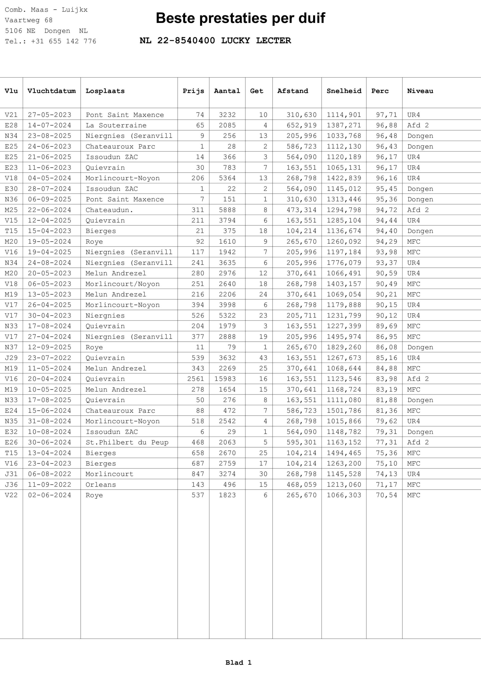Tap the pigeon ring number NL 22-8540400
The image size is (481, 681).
pyautogui.click(x=177, y=41)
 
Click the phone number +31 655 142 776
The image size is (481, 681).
pyautogui.click(x=63, y=41)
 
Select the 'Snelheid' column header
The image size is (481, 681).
pyautogui.click(x=344, y=91)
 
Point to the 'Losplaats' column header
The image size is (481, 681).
pyautogui.click(x=105, y=91)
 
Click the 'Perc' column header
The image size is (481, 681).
pyautogui.click(x=380, y=91)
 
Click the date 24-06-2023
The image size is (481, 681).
pyautogui.click(x=49, y=147)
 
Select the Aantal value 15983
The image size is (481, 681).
pyautogui.click(x=227, y=379)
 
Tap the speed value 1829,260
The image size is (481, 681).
pyautogui.click(x=344, y=347)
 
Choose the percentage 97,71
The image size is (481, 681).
pyautogui.click(x=386, y=115)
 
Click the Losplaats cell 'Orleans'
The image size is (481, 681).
pyautogui.click(x=101, y=485)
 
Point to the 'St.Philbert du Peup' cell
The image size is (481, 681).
pyautogui.click(x=127, y=443)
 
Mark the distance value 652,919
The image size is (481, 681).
pyautogui.click(x=301, y=126)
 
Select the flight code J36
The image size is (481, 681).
pyautogui.click(x=11, y=485)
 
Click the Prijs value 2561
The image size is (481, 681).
pyautogui.click(x=195, y=379)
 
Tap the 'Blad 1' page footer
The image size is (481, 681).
pyautogui.click(x=239, y=663)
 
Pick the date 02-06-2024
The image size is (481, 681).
pyautogui.click(x=49, y=495)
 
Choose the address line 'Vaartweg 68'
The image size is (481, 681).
pyautogui.click(x=28, y=20)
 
